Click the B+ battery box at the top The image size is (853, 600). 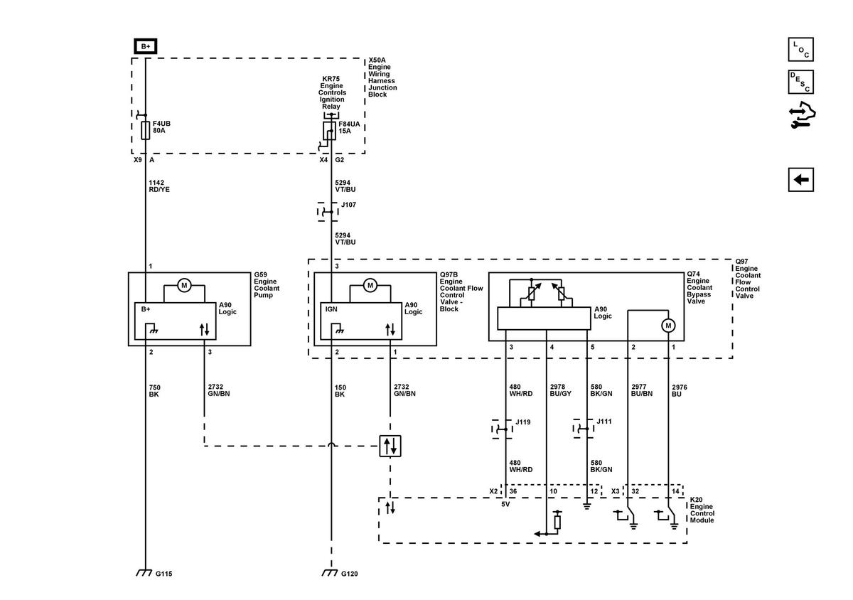146,46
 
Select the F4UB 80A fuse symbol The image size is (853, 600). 146,130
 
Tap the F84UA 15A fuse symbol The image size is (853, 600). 329,131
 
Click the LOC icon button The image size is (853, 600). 801,50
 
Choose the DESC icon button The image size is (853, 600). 801,82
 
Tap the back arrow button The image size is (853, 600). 801,179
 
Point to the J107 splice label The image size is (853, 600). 348,205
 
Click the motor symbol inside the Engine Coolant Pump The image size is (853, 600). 184,285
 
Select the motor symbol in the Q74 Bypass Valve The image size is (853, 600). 668,326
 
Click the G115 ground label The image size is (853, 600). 163,574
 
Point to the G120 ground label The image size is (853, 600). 349,574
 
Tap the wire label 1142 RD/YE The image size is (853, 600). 159,186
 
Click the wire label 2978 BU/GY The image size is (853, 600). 561,390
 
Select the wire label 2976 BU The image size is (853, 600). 680,390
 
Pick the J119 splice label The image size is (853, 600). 523,422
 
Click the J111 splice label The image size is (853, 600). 604,422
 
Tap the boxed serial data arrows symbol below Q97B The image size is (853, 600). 390,446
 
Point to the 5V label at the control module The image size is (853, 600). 505,504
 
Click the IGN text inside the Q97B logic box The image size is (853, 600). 331,309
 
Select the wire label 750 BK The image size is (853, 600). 154,391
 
